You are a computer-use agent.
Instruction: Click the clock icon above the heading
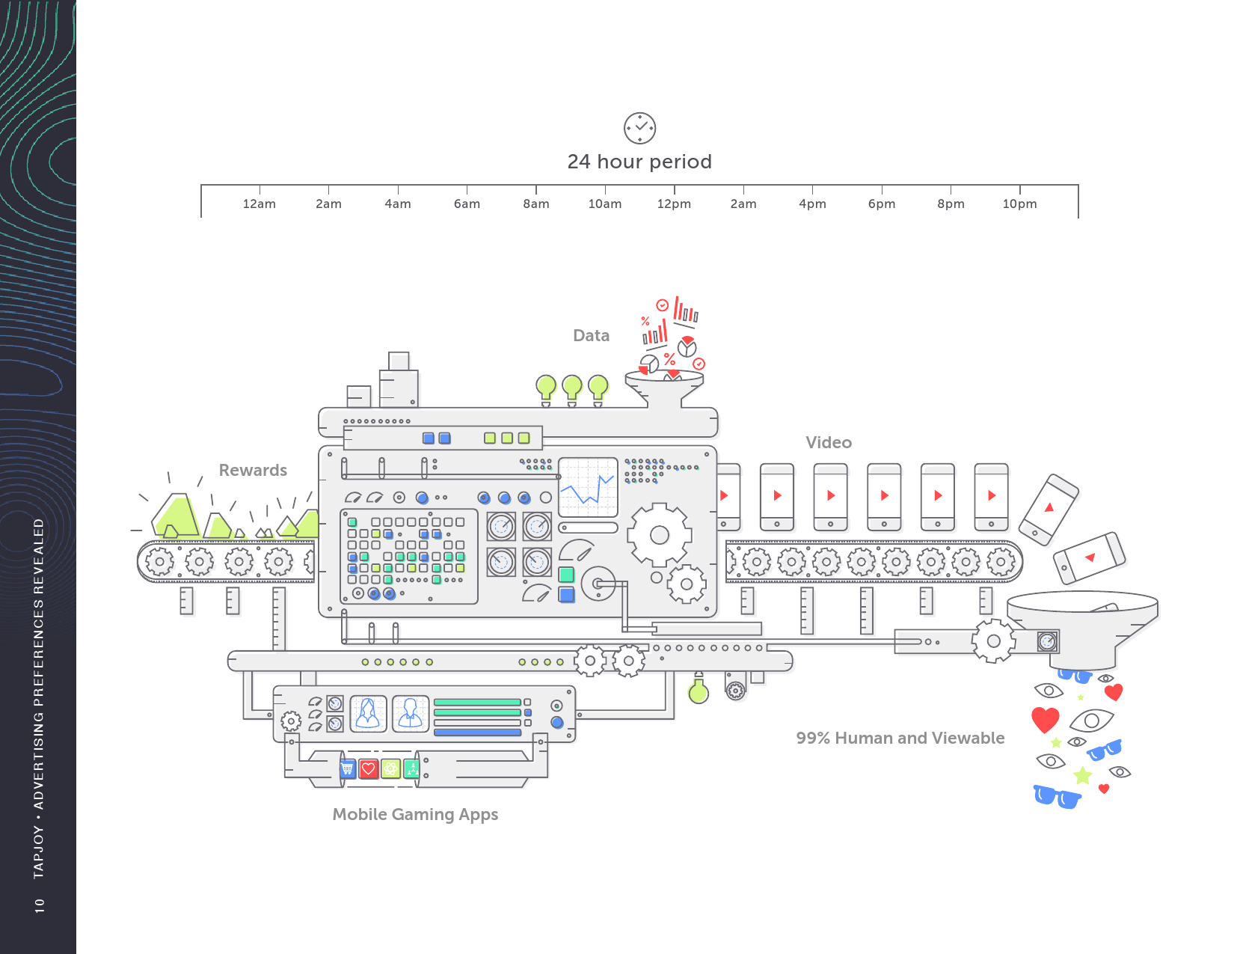(639, 128)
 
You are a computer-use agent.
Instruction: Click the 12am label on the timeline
(260, 204)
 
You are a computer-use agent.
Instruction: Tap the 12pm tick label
(674, 204)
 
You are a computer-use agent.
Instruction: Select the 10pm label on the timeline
(1019, 204)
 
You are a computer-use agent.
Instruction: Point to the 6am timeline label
(467, 204)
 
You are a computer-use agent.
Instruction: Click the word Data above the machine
(591, 336)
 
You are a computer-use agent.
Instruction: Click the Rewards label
(253, 471)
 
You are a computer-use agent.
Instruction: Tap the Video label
(829, 443)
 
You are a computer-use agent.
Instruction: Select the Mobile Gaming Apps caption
(415, 815)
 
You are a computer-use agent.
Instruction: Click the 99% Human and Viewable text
(900, 739)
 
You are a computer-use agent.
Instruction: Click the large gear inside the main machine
(659, 535)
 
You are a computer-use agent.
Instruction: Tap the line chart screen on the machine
(589, 487)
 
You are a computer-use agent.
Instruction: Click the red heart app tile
(369, 768)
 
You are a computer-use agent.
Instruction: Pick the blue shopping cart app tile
(348, 768)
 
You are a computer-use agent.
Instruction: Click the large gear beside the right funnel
(993, 641)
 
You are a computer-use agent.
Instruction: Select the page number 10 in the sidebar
(40, 905)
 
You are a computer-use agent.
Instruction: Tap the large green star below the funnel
(1082, 775)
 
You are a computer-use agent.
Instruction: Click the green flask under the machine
(699, 691)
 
